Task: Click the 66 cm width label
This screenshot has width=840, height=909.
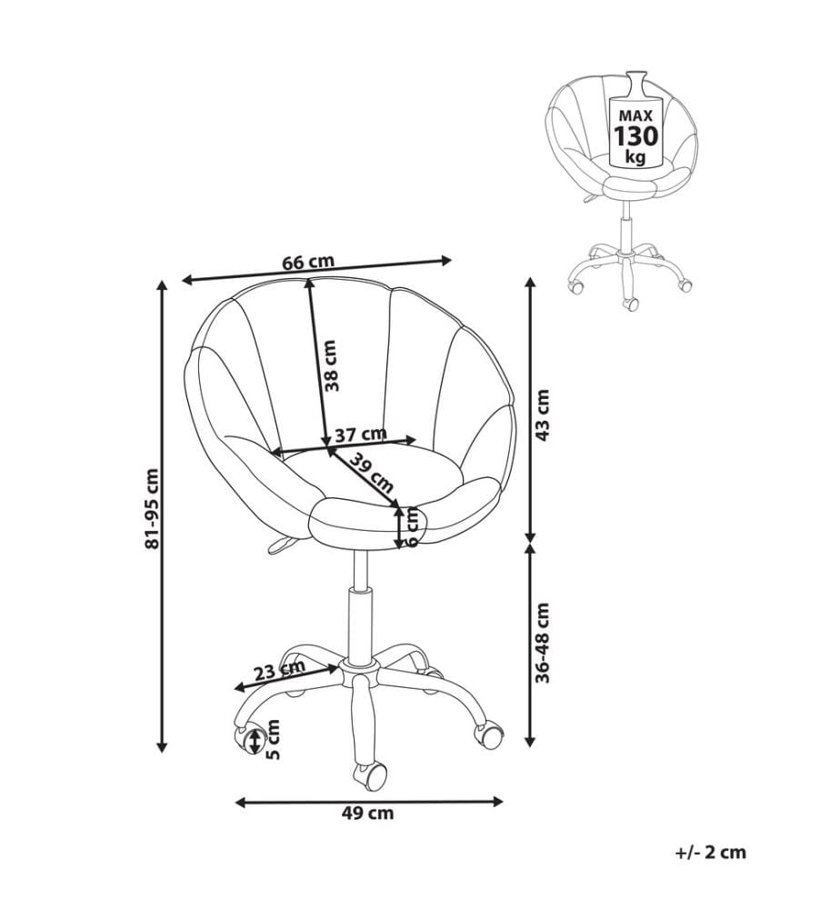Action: (308, 262)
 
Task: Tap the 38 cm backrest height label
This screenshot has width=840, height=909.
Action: (331, 365)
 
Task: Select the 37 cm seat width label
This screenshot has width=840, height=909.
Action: (361, 434)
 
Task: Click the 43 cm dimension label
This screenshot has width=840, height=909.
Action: (543, 415)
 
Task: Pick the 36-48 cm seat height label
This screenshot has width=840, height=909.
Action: (543, 643)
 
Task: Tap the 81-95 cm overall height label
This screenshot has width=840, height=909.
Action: (152, 508)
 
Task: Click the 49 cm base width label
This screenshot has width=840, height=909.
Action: (367, 814)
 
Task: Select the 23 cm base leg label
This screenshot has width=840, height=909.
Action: (279, 672)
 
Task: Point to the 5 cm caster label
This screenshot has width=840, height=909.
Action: (274, 739)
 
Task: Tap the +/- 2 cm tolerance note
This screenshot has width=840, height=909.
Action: (711, 853)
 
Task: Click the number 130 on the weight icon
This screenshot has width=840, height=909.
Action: (636, 136)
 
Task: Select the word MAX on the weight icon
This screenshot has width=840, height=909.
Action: (635, 116)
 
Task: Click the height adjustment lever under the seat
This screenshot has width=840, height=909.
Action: (283, 544)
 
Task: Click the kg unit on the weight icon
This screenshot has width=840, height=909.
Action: (635, 156)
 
